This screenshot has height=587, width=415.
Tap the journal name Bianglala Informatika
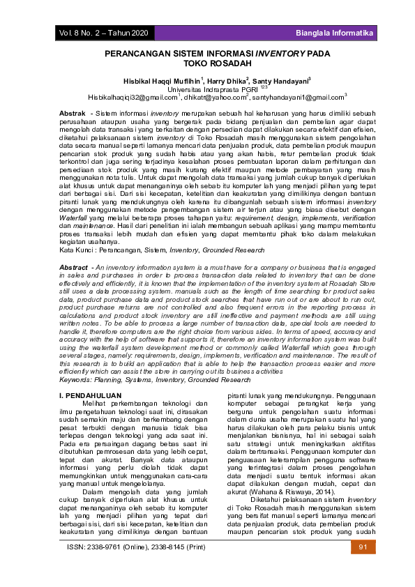334,33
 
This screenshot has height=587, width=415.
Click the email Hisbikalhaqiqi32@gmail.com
132,97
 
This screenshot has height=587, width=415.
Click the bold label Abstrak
73,113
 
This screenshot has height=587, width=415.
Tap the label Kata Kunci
76,249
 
